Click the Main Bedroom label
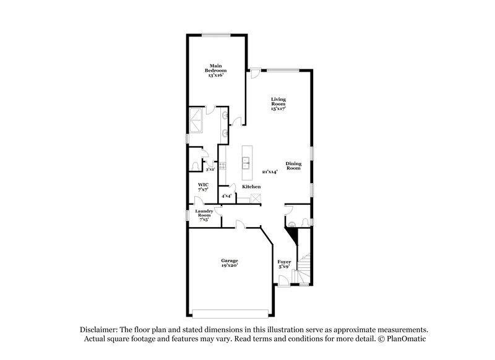pyautogui.click(x=215, y=69)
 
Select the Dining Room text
pyautogui.click(x=293, y=166)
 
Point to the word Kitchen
pyautogui.click(x=251, y=186)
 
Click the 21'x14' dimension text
pyautogui.click(x=269, y=171)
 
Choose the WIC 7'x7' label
pyautogui.click(x=202, y=187)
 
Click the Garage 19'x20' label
pyautogui.click(x=229, y=263)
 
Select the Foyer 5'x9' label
pyautogui.click(x=284, y=264)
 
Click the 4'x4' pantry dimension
pyautogui.click(x=226, y=195)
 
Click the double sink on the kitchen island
pyautogui.click(x=246, y=163)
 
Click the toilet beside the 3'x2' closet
pyautogui.click(x=196, y=166)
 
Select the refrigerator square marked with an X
pyautogui.click(x=254, y=199)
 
